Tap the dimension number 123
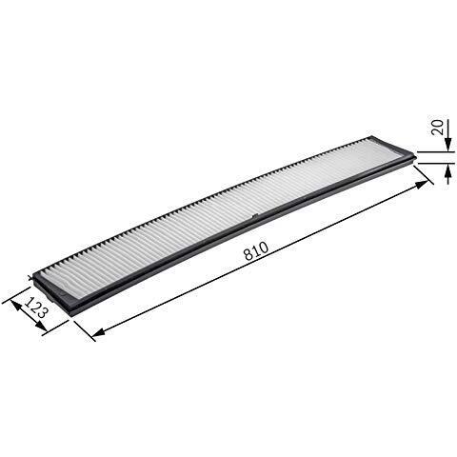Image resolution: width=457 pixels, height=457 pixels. pos(35,309)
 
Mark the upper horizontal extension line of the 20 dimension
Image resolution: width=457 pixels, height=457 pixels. pos(433,150)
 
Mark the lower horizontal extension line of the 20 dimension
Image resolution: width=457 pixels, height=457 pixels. pos(433,163)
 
